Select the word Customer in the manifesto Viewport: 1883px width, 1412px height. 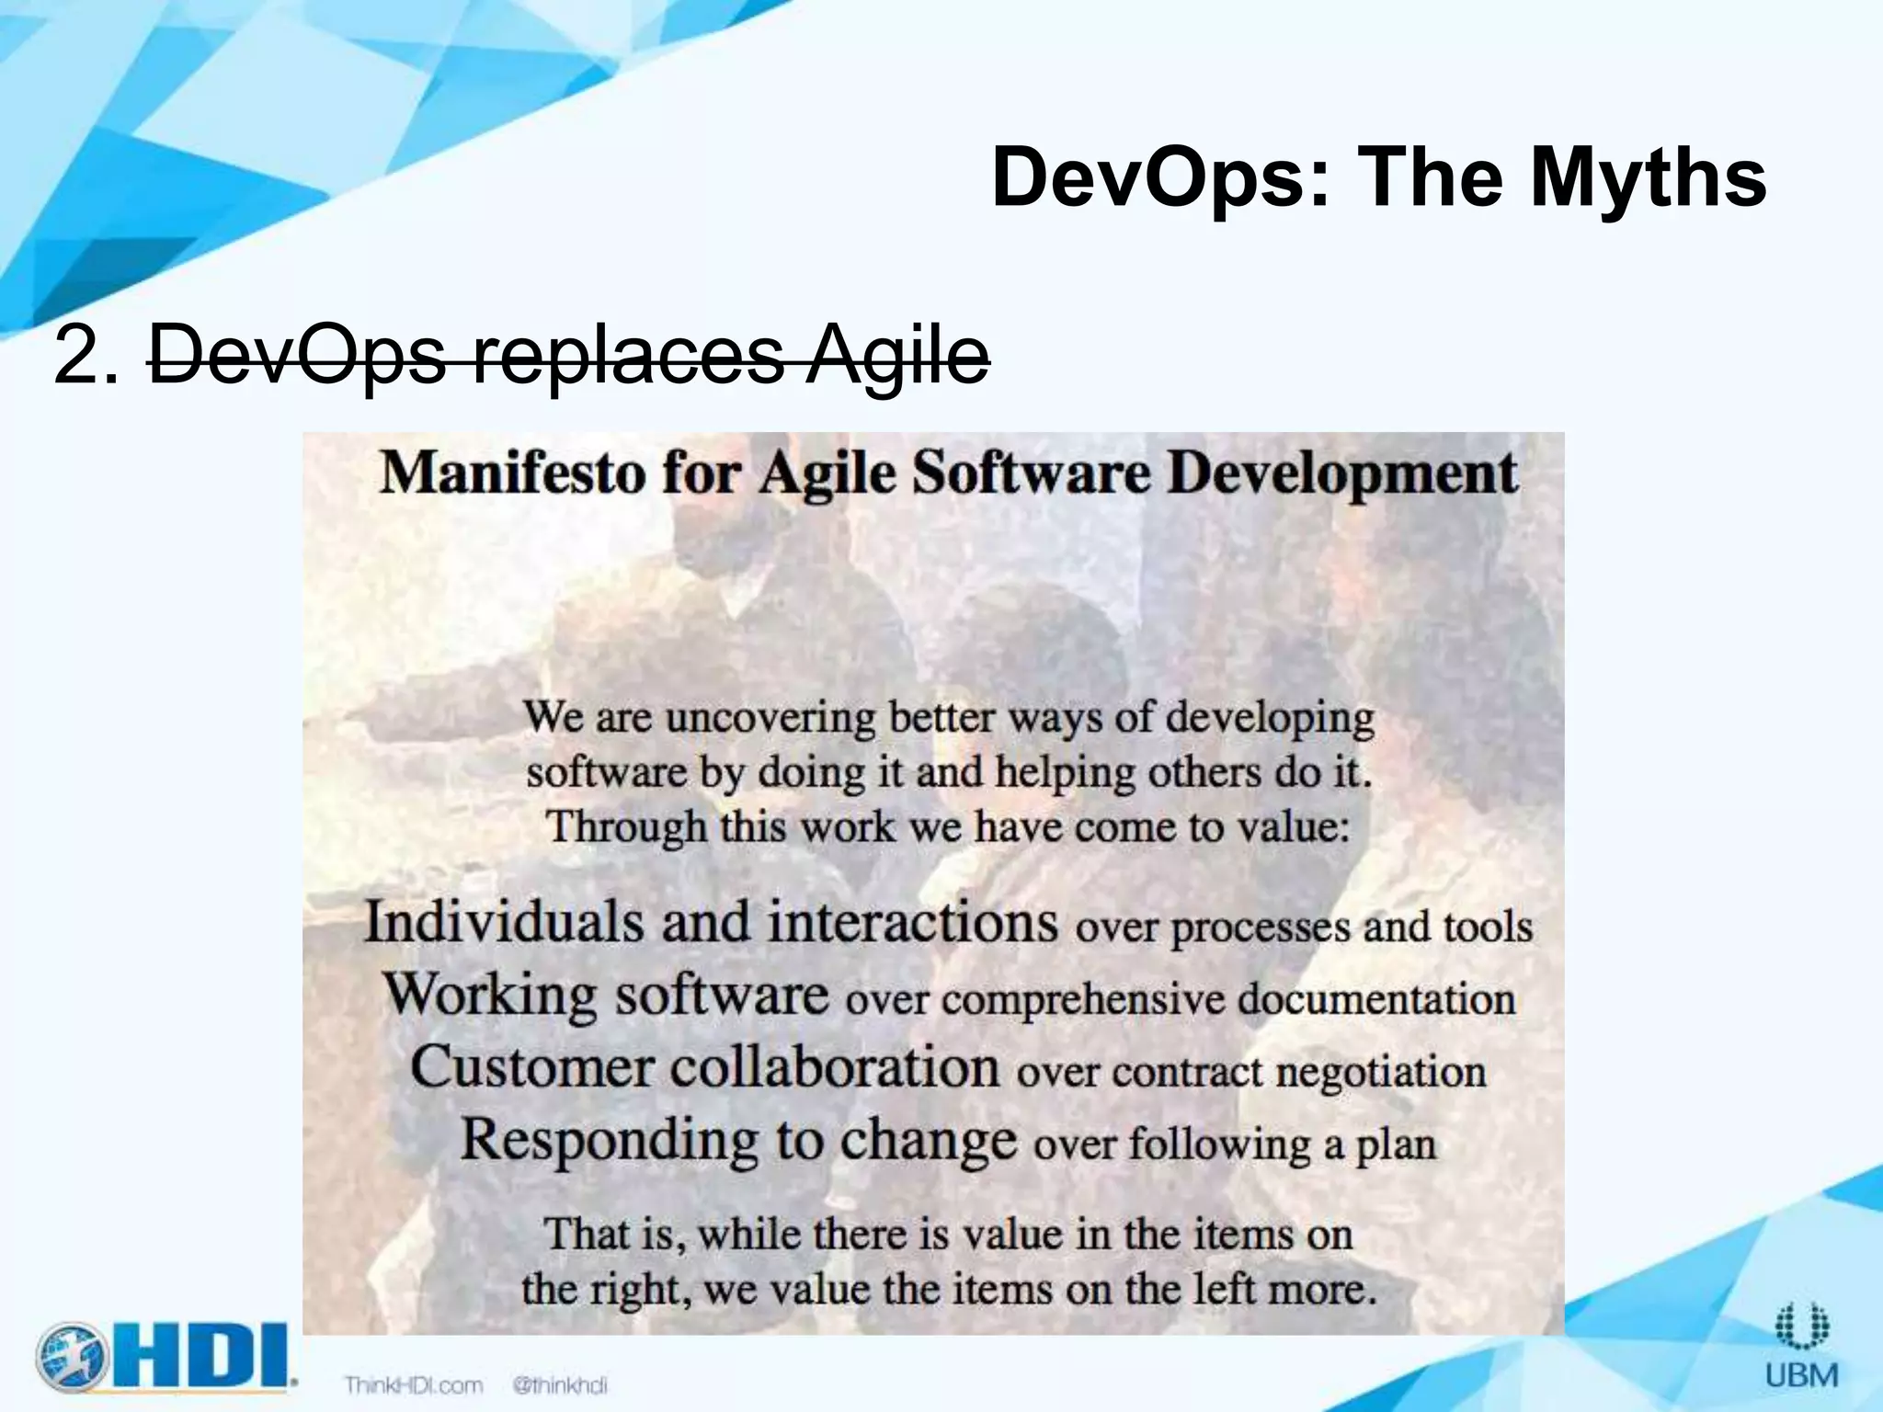pos(532,1068)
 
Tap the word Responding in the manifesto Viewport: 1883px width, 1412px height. pos(609,1142)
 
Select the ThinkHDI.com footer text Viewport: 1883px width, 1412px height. pos(414,1384)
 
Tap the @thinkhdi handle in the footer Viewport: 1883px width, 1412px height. pos(560,1384)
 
